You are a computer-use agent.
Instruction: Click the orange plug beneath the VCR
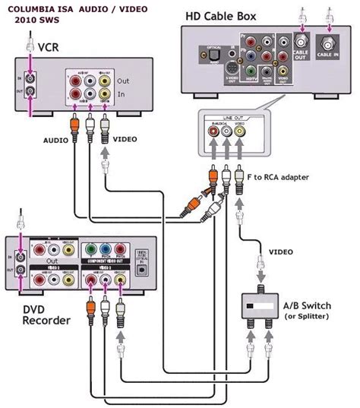pyautogui.click(x=74, y=121)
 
